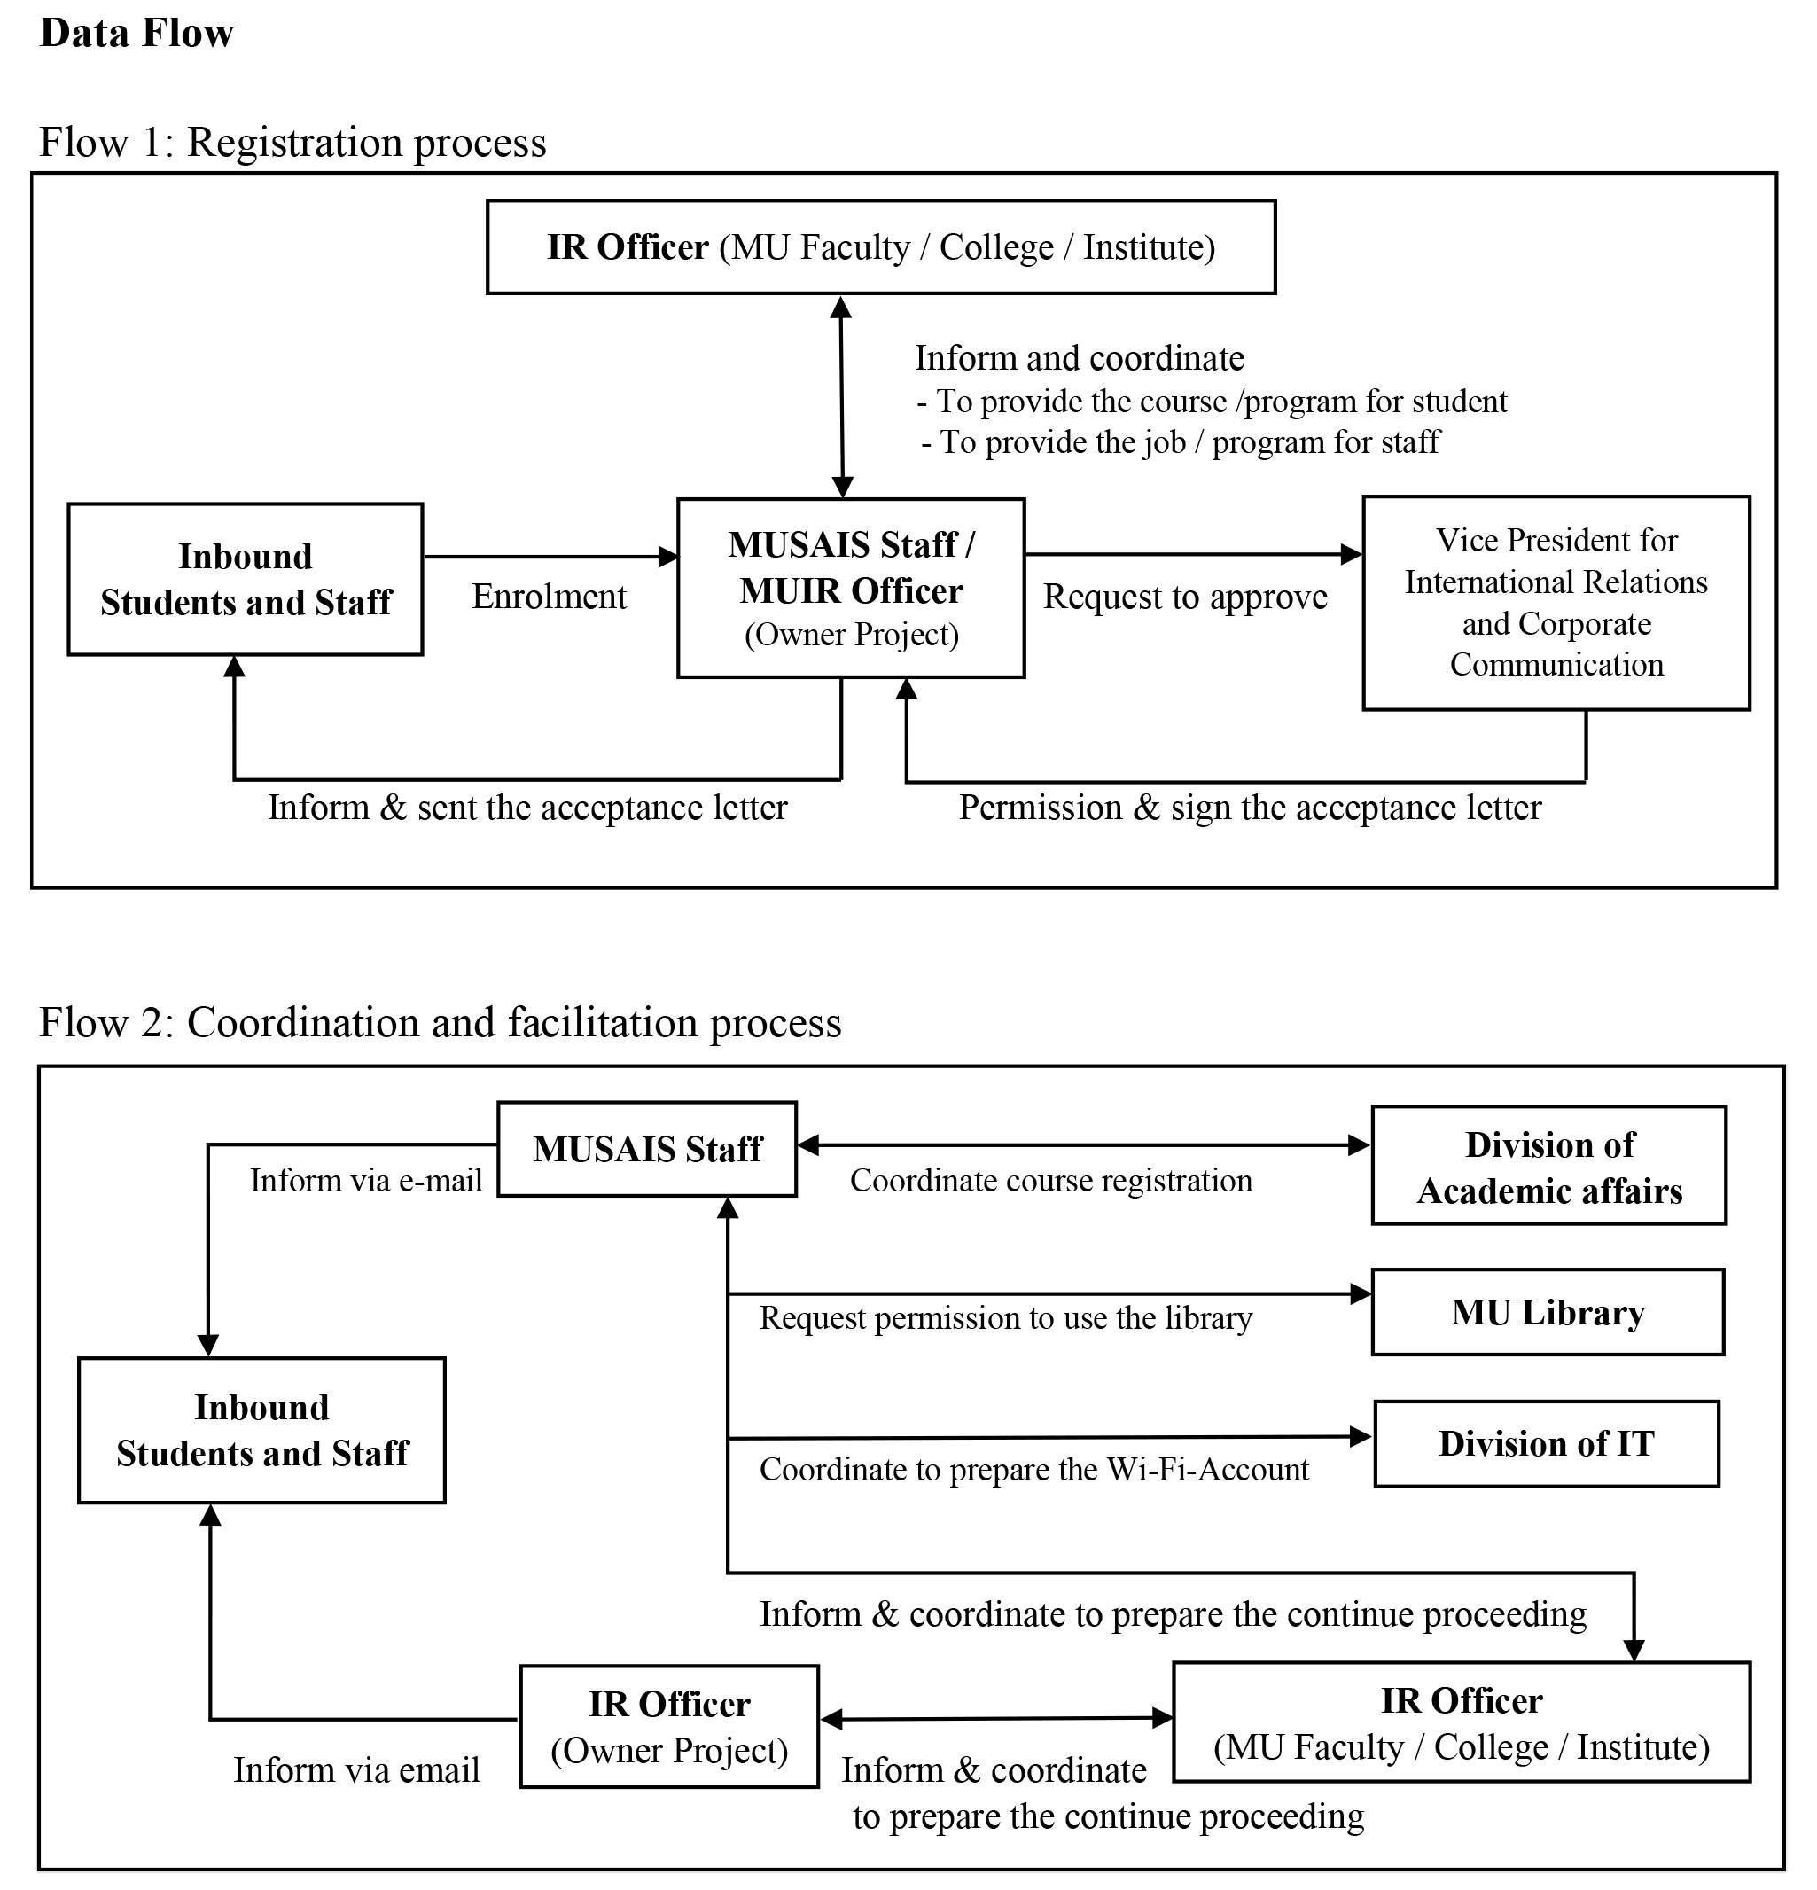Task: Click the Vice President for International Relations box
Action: click(1555, 603)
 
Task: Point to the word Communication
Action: click(1556, 664)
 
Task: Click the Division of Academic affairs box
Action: click(1548, 1166)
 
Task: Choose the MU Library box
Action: click(1547, 1311)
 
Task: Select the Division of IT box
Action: click(1546, 1443)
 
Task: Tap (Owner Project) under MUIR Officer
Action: click(851, 635)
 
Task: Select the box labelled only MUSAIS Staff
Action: click(647, 1149)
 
